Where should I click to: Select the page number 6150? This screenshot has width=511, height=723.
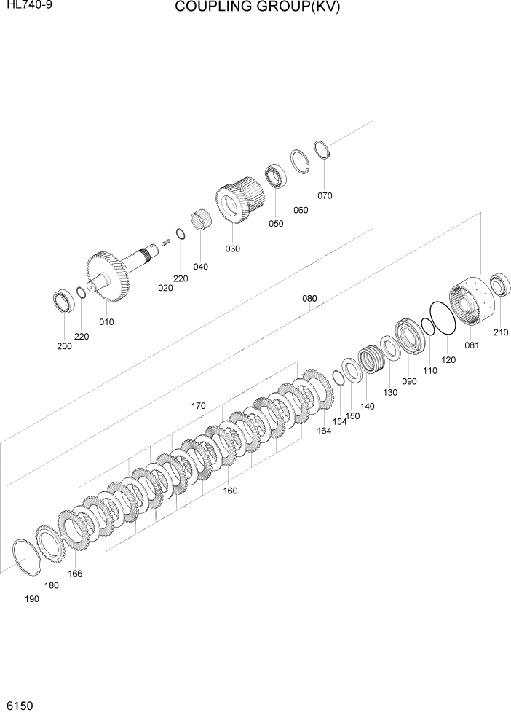[20, 707]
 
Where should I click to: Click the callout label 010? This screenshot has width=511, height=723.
[106, 321]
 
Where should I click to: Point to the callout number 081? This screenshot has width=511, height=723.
[472, 345]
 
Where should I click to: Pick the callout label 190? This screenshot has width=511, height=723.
[31, 598]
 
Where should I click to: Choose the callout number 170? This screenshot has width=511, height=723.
[199, 405]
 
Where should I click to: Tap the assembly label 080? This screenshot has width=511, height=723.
[310, 298]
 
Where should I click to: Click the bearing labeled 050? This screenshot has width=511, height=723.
[275, 177]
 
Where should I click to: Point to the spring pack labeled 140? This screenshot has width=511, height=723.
[372, 359]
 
